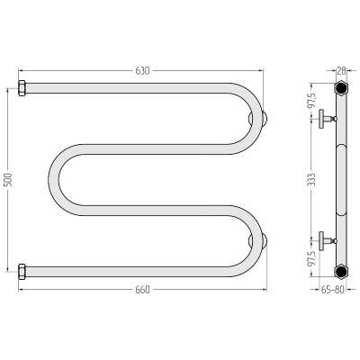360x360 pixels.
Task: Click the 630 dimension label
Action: (142, 71)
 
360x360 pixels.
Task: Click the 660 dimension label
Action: (142, 290)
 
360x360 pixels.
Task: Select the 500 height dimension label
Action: (8, 180)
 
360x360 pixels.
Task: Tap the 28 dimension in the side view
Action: (341, 71)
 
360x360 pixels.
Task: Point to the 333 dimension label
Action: (312, 180)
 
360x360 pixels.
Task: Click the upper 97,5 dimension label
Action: (312, 101)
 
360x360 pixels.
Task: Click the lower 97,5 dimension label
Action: (312, 258)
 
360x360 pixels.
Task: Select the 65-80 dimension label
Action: (332, 290)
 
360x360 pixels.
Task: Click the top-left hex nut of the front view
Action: (22, 88)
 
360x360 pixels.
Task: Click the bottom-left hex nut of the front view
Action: (22, 272)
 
